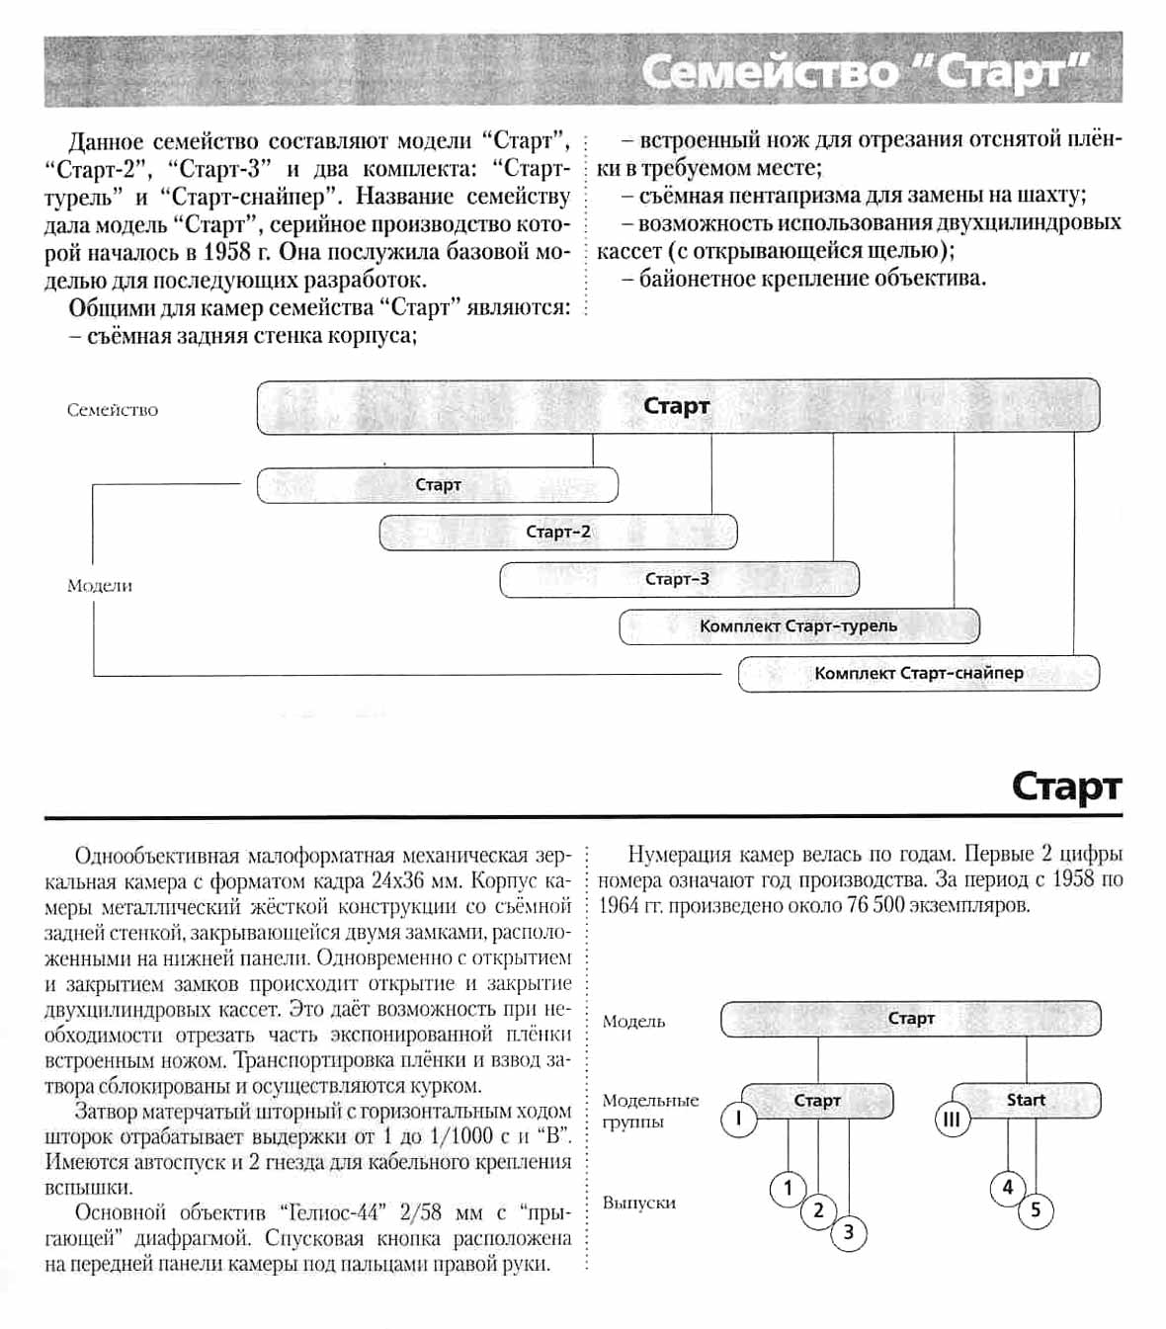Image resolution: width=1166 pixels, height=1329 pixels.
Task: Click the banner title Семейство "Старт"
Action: coord(865,72)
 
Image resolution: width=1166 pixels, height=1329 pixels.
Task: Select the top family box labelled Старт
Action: coord(678,406)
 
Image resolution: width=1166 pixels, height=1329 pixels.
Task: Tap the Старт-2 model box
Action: coord(558,533)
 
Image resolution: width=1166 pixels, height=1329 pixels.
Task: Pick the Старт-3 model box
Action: coord(679,580)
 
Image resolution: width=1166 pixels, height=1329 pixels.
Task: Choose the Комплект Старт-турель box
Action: coord(798,626)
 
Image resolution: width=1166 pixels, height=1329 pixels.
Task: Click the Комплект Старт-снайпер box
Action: coord(918,674)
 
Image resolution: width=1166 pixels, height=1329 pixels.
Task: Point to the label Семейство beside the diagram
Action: coord(113,410)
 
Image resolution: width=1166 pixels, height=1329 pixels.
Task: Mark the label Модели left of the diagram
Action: coord(100,586)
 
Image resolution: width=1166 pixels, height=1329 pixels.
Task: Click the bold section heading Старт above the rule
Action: coord(1066,788)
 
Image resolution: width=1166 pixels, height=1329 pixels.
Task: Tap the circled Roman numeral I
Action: coord(738,1119)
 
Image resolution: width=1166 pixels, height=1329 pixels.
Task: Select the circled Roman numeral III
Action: coord(952,1120)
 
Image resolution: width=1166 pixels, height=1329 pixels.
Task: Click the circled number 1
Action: coord(788,1188)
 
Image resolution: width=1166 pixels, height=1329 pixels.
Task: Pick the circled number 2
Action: coord(818,1210)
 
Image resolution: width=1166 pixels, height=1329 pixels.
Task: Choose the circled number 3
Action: coord(849,1232)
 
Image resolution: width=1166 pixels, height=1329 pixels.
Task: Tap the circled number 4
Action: coord(1007,1188)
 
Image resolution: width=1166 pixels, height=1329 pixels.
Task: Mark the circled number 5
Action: coord(1036,1210)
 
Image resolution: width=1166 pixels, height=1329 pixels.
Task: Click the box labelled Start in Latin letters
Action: coord(1026,1100)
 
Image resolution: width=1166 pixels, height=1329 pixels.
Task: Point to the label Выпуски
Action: coord(639,1204)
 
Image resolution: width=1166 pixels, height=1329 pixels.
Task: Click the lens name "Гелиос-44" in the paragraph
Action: coord(336,1212)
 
